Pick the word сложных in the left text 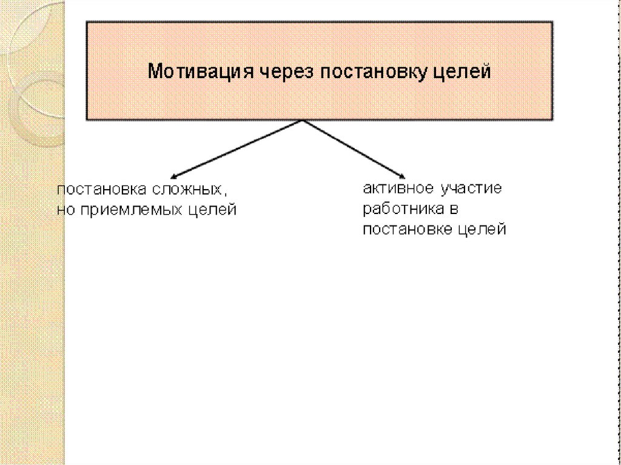tap(189, 189)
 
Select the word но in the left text tap(65, 210)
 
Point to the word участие tap(472, 189)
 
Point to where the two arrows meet tap(302, 120)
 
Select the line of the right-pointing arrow tap(352, 147)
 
